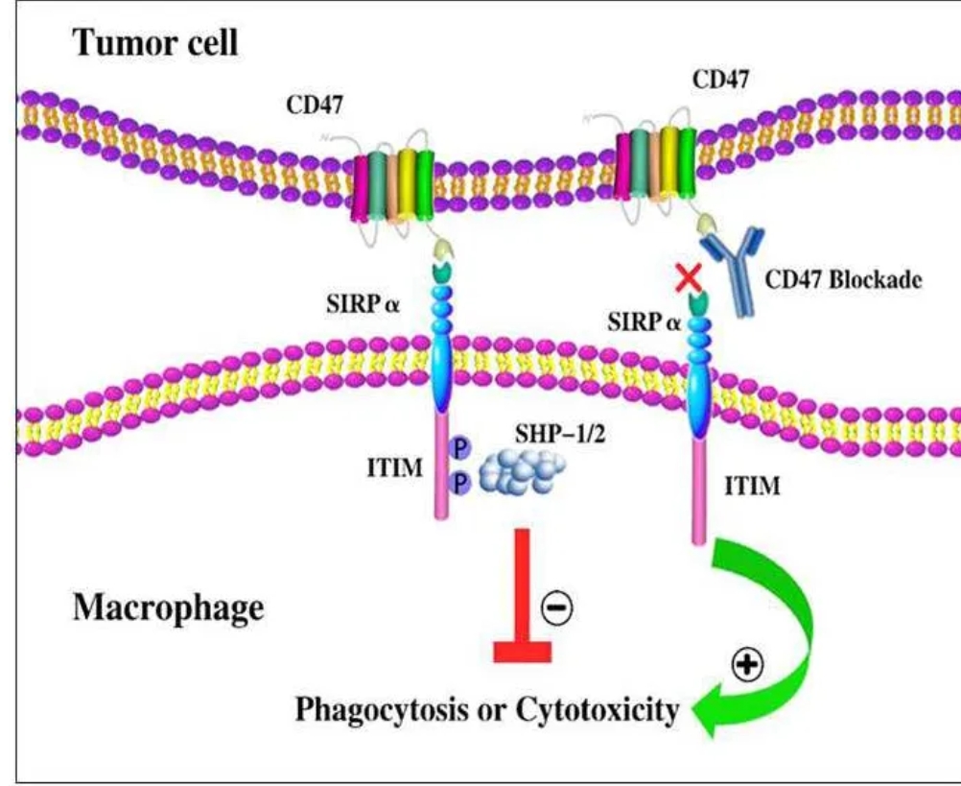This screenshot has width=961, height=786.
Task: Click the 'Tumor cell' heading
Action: pos(155,43)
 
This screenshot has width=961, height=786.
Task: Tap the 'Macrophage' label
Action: pos(169,608)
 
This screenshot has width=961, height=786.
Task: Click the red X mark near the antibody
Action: pos(689,277)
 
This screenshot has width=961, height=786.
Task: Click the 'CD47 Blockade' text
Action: pos(843,279)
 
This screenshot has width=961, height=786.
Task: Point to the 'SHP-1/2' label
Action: pos(559,434)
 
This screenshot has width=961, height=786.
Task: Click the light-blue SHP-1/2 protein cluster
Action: pos(521,472)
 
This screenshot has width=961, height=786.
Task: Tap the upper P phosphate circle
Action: pos(459,447)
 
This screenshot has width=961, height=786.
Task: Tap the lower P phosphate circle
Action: pos(460,483)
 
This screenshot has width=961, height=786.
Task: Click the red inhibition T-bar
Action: pos(522,595)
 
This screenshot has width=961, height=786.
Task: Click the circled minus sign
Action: pos(557,607)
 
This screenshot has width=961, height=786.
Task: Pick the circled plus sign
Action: pos(748,664)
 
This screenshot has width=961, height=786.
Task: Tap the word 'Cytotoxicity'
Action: pos(597,710)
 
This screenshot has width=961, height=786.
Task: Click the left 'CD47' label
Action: pos(315,106)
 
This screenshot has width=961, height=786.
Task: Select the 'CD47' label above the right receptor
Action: pos(720,79)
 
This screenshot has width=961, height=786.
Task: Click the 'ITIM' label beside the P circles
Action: pos(395,468)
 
